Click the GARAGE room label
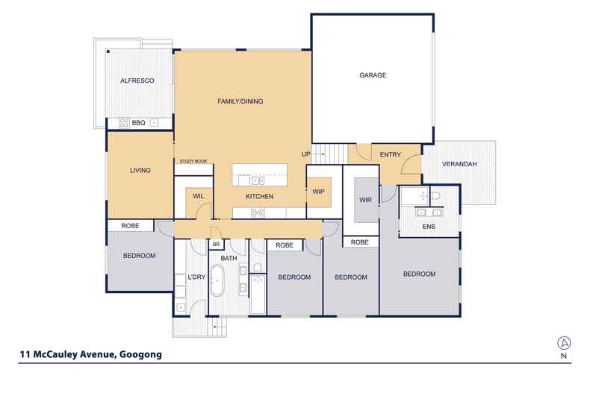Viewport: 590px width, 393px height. (x=373, y=75)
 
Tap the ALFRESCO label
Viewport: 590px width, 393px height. (x=137, y=81)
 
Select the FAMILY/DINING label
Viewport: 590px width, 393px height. (x=240, y=101)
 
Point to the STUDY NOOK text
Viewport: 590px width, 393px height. (x=193, y=161)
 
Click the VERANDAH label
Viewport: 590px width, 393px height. (x=459, y=164)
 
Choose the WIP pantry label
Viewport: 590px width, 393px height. (x=318, y=192)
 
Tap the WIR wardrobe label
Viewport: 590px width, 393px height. (x=365, y=200)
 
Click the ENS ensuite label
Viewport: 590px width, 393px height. (x=429, y=227)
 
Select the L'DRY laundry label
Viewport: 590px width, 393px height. (x=196, y=277)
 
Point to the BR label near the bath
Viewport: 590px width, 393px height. (x=216, y=244)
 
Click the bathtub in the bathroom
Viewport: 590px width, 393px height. (x=217, y=280)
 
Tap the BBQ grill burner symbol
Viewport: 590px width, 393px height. (x=124, y=123)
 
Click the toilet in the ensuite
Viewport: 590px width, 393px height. (x=435, y=195)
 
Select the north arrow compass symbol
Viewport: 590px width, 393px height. (x=564, y=342)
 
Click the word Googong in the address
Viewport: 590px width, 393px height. (x=140, y=354)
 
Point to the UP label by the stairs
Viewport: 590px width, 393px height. (x=306, y=154)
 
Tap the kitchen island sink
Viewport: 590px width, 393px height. (x=258, y=181)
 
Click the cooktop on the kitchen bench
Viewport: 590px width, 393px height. (x=258, y=213)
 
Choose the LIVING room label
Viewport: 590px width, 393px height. (x=140, y=170)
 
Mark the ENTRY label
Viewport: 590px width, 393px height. (x=390, y=154)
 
